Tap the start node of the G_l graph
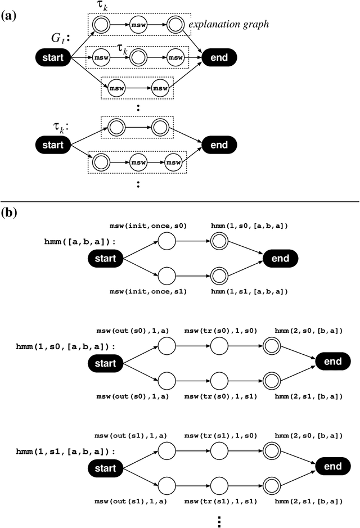52,57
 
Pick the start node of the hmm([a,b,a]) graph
105,259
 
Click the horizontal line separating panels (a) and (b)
180,201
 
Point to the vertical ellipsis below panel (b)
219,520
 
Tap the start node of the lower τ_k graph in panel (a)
52,145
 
